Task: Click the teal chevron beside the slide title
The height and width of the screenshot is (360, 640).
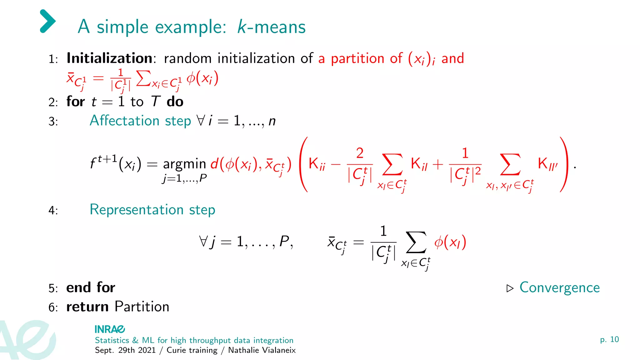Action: pyautogui.click(x=48, y=21)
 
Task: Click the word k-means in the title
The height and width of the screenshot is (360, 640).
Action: pyautogui.click(x=271, y=27)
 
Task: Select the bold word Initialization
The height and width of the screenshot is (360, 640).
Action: pyautogui.click(x=109, y=58)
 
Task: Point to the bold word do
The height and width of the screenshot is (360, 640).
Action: pyautogui.click(x=175, y=102)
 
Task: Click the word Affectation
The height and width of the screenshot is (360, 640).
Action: pyautogui.click(x=124, y=121)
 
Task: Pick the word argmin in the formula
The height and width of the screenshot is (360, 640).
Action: pyautogui.click(x=184, y=164)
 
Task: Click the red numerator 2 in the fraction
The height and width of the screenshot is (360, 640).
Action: pyautogui.click(x=360, y=153)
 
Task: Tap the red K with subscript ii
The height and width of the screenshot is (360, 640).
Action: pyautogui.click(x=316, y=164)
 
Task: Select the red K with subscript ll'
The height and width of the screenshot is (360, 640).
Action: pyautogui.click(x=547, y=164)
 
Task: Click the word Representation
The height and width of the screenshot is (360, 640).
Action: pyautogui.click(x=136, y=210)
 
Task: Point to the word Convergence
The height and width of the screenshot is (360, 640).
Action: pyautogui.click(x=559, y=287)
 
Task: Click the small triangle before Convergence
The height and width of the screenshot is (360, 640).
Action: pyautogui.click(x=510, y=288)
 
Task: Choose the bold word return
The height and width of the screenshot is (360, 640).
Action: pyautogui.click(x=87, y=307)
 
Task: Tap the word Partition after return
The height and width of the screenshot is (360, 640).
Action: pyautogui.click(x=142, y=307)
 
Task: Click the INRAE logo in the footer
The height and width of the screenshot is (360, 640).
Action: pyautogui.click(x=110, y=329)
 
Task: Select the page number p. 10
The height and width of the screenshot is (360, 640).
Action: pyautogui.click(x=609, y=340)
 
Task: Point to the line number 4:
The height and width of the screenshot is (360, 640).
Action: pyautogui.click(x=53, y=211)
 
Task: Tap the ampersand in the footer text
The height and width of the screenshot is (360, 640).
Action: pyautogui.click(x=135, y=340)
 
